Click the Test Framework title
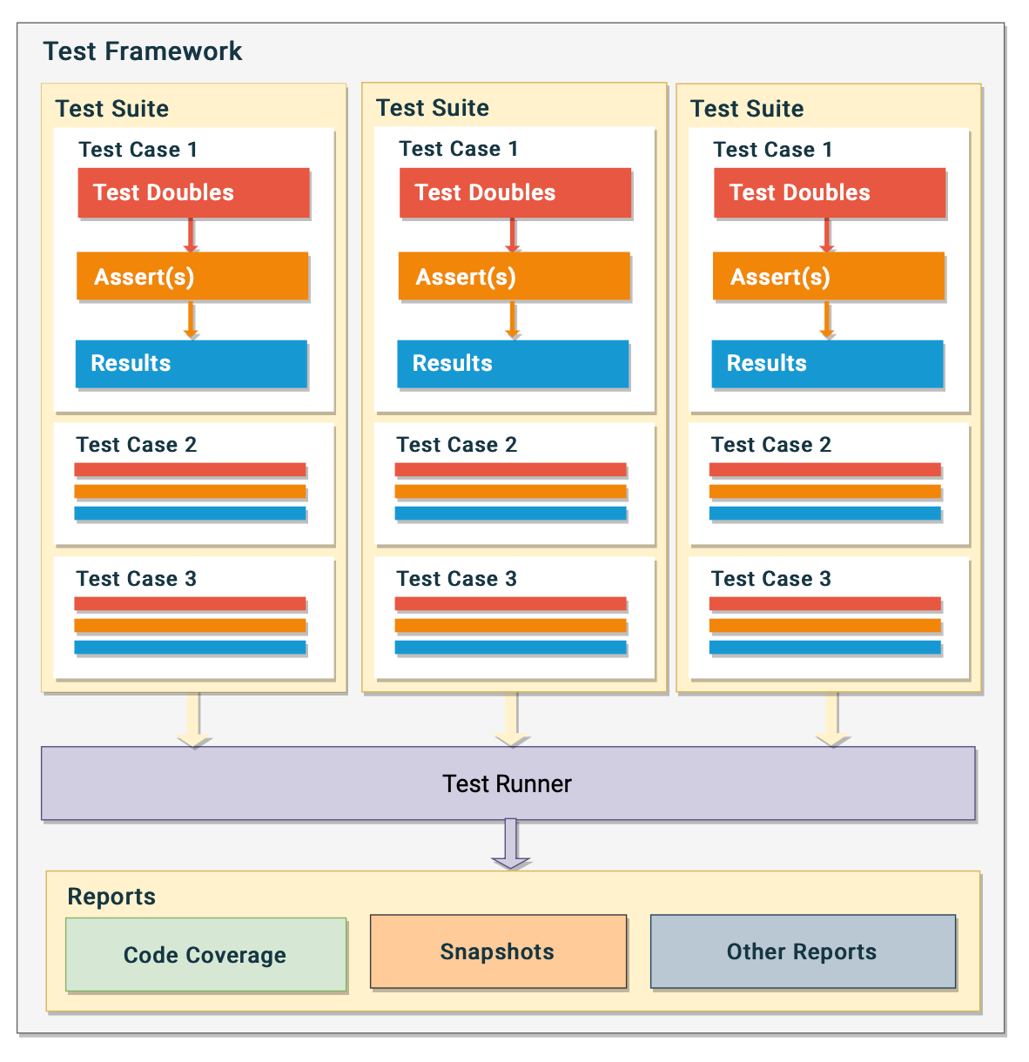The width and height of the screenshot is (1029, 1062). [143, 51]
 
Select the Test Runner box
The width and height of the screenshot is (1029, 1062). [508, 783]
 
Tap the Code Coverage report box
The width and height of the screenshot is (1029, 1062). [205, 955]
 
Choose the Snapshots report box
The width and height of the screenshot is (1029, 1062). [498, 951]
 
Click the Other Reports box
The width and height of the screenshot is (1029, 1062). [803, 951]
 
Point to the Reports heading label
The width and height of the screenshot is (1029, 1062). [111, 897]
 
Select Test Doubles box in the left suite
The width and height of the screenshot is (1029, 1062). [193, 192]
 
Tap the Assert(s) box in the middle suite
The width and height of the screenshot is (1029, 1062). [514, 277]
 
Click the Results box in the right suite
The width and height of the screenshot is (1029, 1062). [827, 363]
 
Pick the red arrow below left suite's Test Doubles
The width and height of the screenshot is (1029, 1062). [191, 236]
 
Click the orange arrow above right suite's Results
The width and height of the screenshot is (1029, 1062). [827, 320]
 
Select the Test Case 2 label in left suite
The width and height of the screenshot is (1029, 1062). [136, 445]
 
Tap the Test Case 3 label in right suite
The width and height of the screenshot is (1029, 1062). [770, 579]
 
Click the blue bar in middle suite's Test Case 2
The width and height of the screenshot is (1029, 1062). [510, 514]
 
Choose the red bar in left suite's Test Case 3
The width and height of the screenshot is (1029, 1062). [190, 604]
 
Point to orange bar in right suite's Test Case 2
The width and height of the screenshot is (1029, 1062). [824, 492]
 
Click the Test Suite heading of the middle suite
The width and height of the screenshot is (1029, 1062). [433, 108]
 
